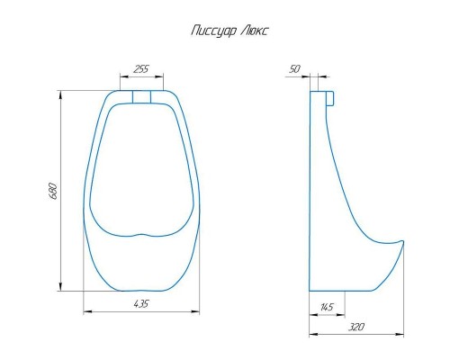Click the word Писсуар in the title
(214, 31)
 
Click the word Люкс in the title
(255, 31)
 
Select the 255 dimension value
(141, 69)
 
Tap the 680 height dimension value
(53, 191)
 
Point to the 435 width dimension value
(141, 304)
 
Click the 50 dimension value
(294, 69)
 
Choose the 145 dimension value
(327, 307)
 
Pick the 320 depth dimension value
(356, 327)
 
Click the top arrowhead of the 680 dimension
(61, 94)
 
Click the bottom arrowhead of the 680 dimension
(61, 286)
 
